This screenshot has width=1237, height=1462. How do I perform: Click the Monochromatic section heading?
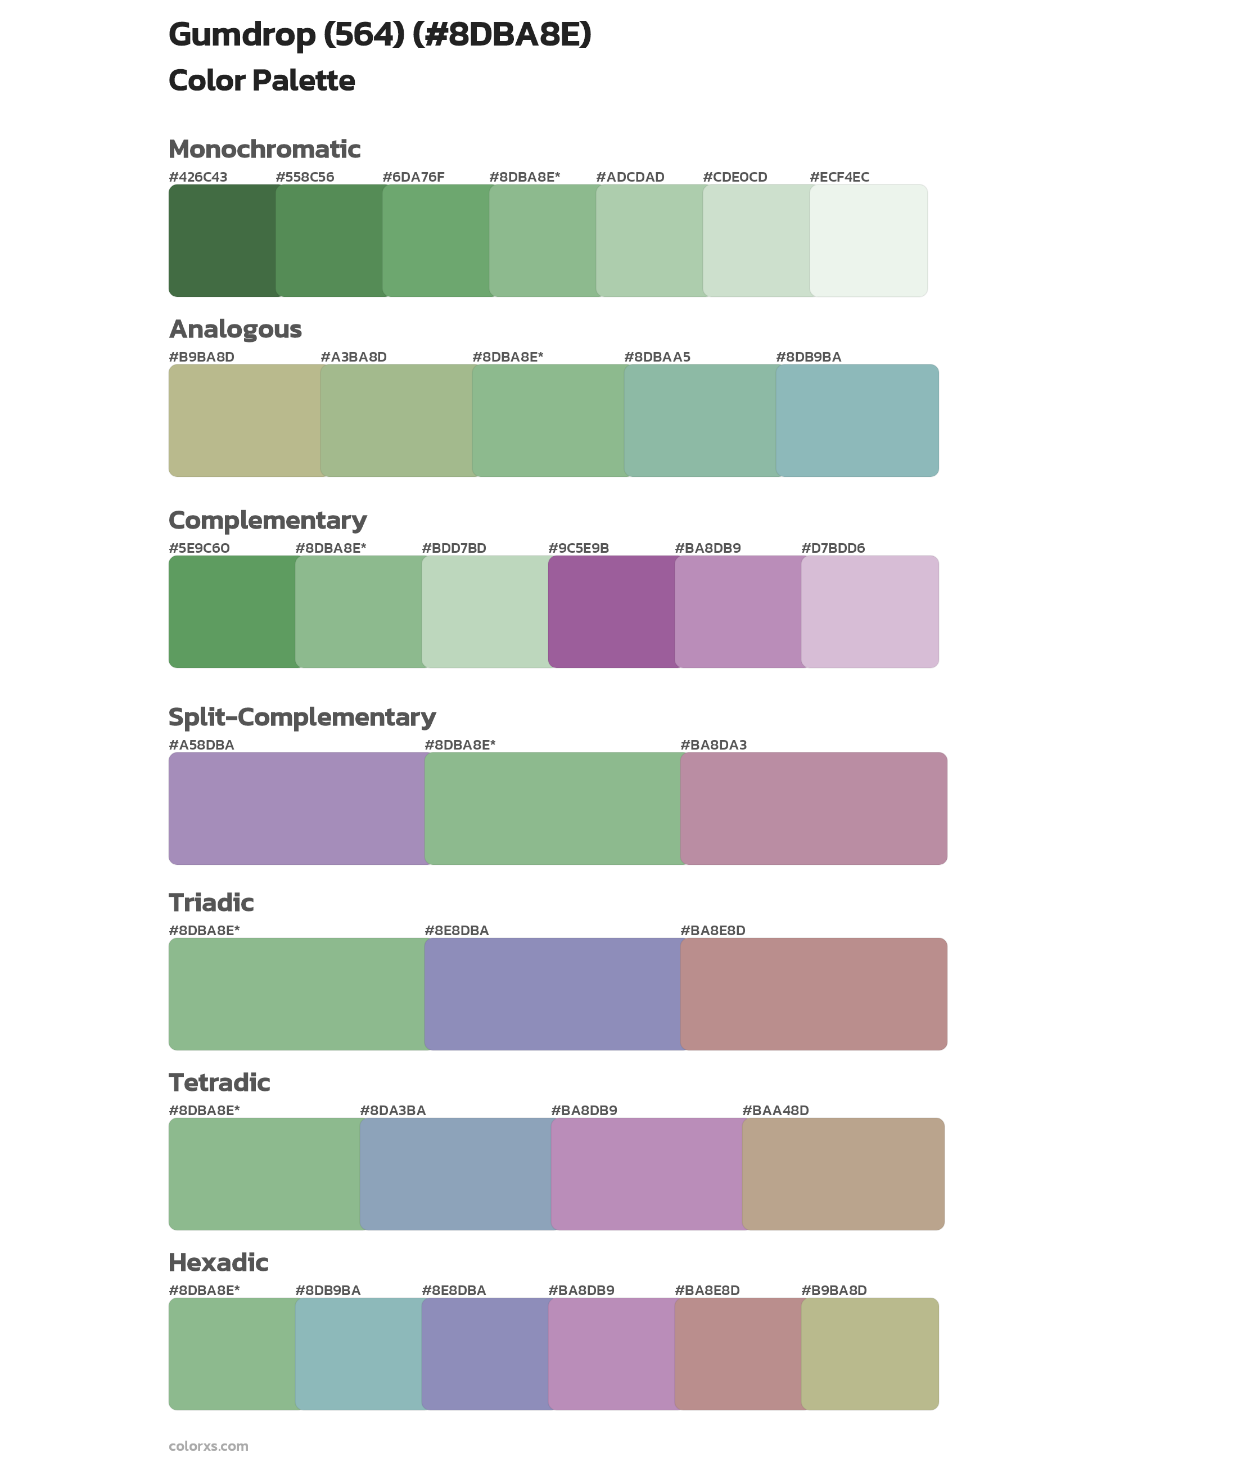(x=264, y=150)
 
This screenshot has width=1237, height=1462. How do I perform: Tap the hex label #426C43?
(x=198, y=177)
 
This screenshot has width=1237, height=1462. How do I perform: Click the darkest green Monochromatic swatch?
(x=222, y=241)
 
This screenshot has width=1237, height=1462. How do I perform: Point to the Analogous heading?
(x=235, y=329)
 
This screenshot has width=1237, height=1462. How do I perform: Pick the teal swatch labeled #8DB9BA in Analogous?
(x=857, y=420)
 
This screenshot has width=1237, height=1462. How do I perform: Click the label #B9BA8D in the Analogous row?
(x=201, y=357)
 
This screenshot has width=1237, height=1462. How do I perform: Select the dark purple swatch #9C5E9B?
(x=612, y=611)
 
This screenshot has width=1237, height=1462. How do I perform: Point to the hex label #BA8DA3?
(x=713, y=744)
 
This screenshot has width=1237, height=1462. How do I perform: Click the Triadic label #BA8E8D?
(x=712, y=931)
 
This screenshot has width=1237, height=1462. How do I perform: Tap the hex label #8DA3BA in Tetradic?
(x=392, y=1110)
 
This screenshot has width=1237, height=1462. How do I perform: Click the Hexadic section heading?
(x=218, y=1262)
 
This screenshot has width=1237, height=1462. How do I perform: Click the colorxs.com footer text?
(x=208, y=1446)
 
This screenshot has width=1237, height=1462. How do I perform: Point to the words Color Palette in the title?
(x=261, y=80)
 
